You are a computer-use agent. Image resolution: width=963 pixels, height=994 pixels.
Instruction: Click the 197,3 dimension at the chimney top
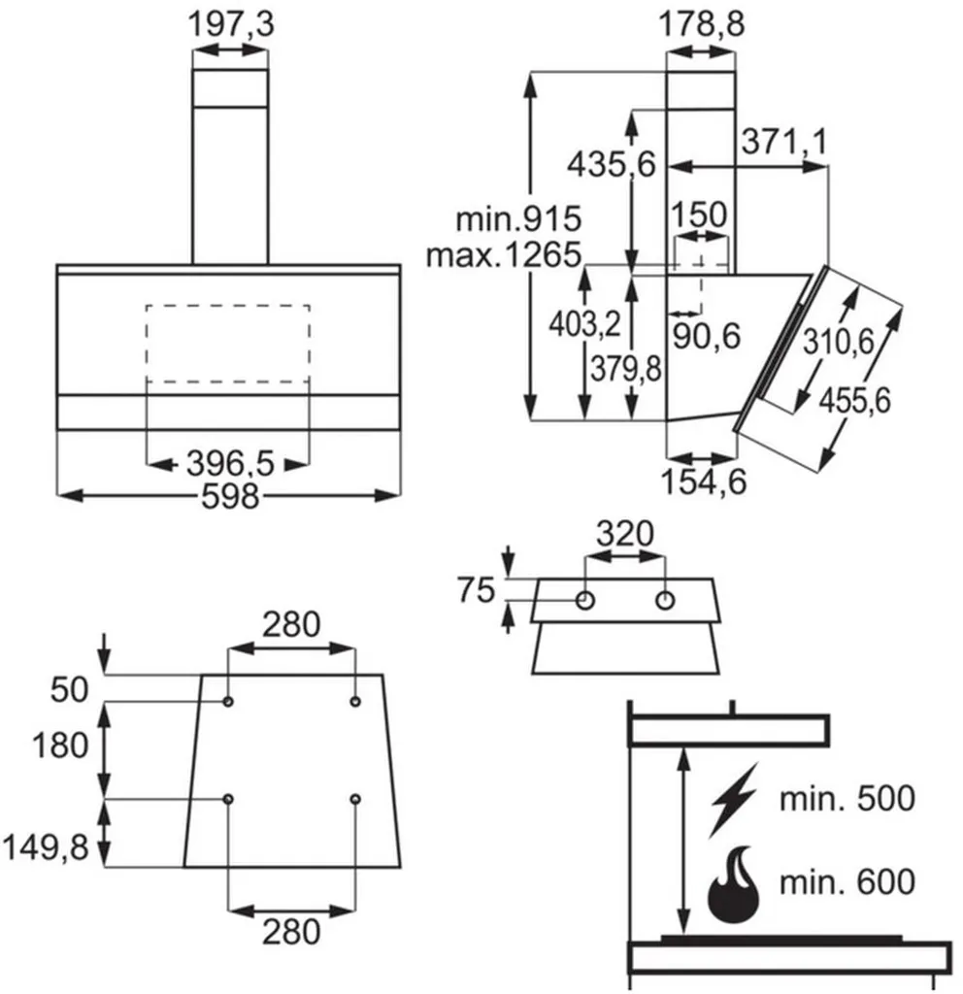point(231,24)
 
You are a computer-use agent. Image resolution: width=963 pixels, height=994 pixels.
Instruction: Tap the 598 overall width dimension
point(230,496)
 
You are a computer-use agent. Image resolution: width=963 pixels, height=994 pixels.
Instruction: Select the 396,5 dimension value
point(230,463)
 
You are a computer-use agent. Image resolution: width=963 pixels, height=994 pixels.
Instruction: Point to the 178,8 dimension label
point(701,24)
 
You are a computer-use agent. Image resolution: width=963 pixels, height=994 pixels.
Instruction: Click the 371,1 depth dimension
point(784,141)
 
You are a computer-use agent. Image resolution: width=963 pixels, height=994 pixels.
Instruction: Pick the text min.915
point(518,218)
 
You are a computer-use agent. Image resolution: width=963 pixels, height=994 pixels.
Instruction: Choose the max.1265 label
point(504,255)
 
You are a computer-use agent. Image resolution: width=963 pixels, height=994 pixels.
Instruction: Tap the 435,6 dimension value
point(612,165)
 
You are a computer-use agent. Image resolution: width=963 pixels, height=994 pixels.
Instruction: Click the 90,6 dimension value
point(707,335)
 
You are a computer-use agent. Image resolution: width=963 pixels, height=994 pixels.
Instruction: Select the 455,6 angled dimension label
point(854,401)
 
